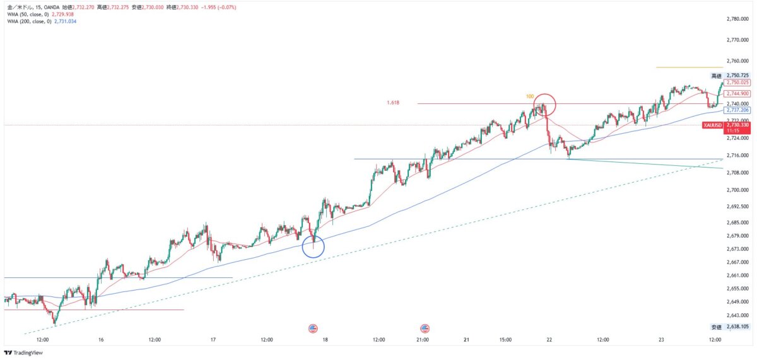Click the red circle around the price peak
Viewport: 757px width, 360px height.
[x=544, y=104]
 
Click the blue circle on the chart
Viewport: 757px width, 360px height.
[x=314, y=247]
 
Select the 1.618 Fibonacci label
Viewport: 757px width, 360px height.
[x=393, y=103]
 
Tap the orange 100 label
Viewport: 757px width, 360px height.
[x=530, y=96]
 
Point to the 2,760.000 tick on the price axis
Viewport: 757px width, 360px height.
[x=737, y=61]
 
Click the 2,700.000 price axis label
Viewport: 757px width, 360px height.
[x=737, y=190]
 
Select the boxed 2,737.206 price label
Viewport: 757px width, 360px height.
[x=737, y=110]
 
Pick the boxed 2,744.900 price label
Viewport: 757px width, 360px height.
[x=737, y=93]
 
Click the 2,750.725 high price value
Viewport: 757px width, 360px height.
[x=737, y=75]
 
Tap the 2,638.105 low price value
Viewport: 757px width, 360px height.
[x=737, y=327]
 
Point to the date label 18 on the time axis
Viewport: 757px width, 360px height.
[x=325, y=340]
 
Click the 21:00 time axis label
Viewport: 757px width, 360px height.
[x=423, y=340]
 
